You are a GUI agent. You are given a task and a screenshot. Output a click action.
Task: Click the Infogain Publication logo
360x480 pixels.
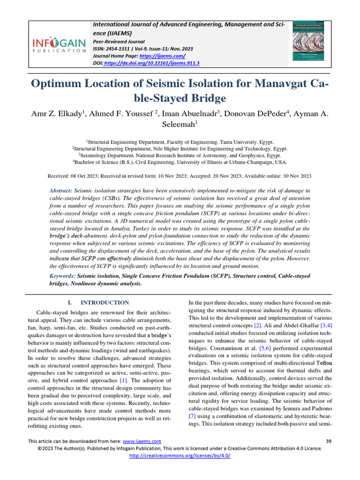click(x=58, y=45)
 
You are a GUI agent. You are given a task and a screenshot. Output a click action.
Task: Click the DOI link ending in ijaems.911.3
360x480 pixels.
click(x=151, y=63)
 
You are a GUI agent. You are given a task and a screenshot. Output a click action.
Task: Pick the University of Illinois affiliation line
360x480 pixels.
click(x=180, y=162)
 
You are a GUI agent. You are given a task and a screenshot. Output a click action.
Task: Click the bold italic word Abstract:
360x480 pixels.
click(x=61, y=191)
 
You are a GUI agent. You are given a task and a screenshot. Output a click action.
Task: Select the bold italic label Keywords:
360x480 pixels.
click(x=62, y=276)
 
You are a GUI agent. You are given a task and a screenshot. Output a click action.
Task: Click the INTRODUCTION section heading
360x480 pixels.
click(x=105, y=303)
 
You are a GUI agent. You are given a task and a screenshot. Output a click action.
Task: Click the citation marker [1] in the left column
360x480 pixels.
click(x=123, y=380)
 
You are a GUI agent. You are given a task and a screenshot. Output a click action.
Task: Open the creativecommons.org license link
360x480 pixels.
click(x=180, y=455)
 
